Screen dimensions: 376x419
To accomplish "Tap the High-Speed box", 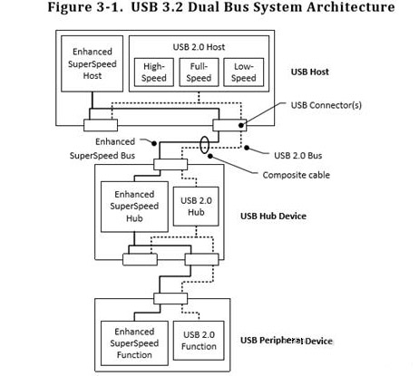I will coord(153,72).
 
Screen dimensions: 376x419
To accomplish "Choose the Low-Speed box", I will coord(244,72).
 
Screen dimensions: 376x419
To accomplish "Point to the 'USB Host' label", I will coord(312,72).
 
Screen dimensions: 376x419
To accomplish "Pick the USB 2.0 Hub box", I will coord(197,206).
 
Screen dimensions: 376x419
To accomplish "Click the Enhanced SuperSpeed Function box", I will coord(133,343).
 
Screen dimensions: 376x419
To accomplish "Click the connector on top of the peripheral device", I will coord(170,298).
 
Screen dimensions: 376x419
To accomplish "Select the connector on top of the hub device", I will coord(170,164).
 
